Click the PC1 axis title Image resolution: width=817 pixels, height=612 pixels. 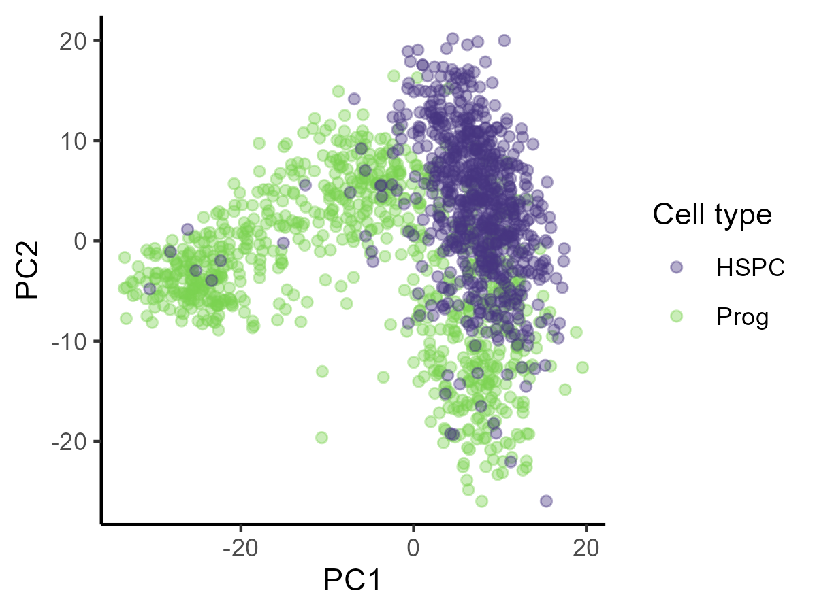pos(351,581)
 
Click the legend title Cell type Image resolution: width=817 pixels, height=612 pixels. pos(712,215)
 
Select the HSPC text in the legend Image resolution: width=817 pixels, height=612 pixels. pos(750,268)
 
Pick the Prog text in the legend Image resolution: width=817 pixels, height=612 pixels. pos(742,317)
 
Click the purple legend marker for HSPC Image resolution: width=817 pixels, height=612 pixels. pos(676,267)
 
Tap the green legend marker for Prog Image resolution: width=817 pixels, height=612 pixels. pos(676,316)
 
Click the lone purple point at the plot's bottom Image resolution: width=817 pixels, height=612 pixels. pos(546,501)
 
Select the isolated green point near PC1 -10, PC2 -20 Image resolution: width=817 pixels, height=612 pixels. pos(321,437)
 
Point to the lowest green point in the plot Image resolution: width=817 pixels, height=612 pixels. pos(481,501)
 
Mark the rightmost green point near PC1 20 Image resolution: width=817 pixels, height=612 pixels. pos(582,367)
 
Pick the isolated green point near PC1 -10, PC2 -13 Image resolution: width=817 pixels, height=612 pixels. pos(322,371)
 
